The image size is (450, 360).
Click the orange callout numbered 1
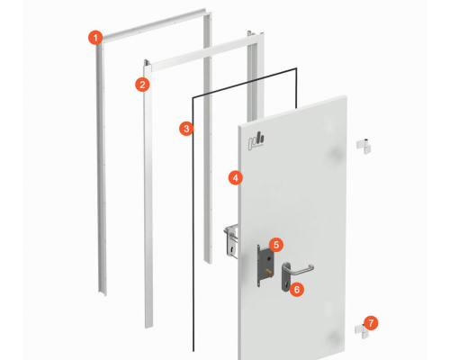(x=95, y=38)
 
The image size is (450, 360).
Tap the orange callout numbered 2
(x=142, y=85)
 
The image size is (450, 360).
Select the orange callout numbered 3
(x=186, y=129)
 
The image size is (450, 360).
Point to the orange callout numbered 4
(x=236, y=178)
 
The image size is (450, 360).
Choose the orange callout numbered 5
(x=276, y=245)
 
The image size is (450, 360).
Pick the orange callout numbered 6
(x=297, y=290)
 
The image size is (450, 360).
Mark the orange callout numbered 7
(x=371, y=323)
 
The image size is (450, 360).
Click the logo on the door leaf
(x=256, y=141)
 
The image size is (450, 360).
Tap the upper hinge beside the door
(x=364, y=146)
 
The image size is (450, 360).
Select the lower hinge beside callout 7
(x=361, y=331)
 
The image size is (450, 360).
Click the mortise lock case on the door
(x=265, y=265)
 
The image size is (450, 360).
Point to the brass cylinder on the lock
(x=268, y=273)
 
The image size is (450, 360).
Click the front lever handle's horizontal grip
(x=302, y=272)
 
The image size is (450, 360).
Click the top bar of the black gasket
(x=245, y=83)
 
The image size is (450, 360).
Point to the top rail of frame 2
(x=204, y=52)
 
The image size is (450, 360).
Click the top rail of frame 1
(x=154, y=24)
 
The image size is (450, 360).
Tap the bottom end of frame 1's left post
(x=102, y=292)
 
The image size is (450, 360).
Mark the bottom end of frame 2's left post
(x=148, y=326)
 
